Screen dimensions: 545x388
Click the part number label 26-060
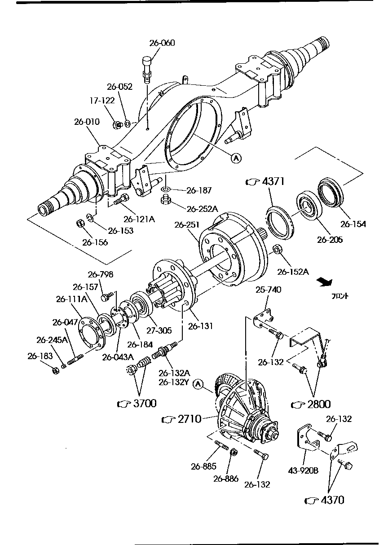click(x=162, y=43)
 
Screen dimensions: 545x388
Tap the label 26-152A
click(x=293, y=272)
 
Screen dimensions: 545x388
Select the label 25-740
click(x=269, y=290)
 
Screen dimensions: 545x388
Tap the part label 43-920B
click(x=303, y=470)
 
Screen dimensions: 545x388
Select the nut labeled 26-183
click(x=54, y=371)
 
